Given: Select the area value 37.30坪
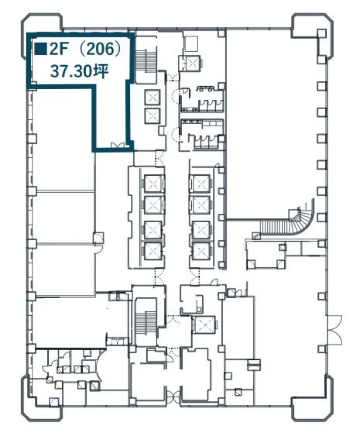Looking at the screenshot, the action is point(79,72).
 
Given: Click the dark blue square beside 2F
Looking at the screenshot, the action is point(41,49).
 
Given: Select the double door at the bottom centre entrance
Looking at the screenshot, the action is point(173,395).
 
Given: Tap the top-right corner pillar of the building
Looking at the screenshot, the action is point(312,36).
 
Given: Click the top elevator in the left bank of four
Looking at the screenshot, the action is point(153,184).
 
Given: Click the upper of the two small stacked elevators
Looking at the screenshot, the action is point(152,98).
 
